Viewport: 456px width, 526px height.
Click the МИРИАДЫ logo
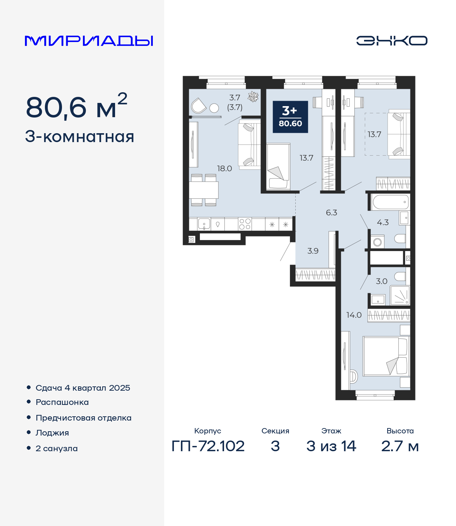[x=89, y=41]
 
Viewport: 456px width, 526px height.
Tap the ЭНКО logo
[x=392, y=41]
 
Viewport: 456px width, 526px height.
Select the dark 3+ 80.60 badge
[x=290, y=117]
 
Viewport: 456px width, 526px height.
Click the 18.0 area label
[x=224, y=168]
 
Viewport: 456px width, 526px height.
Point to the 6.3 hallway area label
[x=332, y=213]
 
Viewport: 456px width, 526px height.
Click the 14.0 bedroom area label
[x=354, y=315]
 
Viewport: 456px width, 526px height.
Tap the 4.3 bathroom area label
[x=383, y=223]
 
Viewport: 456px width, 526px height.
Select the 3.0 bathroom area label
[x=382, y=281]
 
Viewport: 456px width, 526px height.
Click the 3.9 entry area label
[x=313, y=251]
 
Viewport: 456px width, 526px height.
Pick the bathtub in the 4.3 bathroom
[x=390, y=202]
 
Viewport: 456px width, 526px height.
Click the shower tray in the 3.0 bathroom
[x=400, y=295]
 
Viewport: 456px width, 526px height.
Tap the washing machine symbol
[x=377, y=242]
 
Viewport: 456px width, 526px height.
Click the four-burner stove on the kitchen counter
[x=245, y=224]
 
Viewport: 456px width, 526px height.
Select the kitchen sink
[x=204, y=224]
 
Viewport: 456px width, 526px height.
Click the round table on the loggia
[x=214, y=108]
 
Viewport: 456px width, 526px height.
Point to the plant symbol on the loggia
[x=253, y=97]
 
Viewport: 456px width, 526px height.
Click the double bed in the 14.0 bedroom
[x=386, y=356]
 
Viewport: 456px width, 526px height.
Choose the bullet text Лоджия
[x=52, y=433]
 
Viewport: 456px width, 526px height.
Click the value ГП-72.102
[x=208, y=446]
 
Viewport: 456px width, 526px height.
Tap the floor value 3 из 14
[x=331, y=446]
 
